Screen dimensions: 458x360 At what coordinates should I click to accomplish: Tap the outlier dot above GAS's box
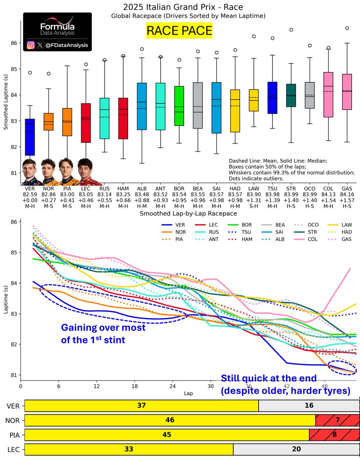point(347,28)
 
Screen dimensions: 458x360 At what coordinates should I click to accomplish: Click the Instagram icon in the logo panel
point(31,45)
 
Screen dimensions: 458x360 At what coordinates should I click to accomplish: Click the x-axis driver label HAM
point(123,188)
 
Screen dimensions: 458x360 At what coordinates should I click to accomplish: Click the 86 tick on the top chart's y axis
point(14,43)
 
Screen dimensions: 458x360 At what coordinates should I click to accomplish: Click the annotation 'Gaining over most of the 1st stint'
point(103,334)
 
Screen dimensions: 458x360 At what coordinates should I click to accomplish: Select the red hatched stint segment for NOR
point(337,420)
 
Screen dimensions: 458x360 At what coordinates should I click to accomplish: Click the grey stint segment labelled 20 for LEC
point(296,450)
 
